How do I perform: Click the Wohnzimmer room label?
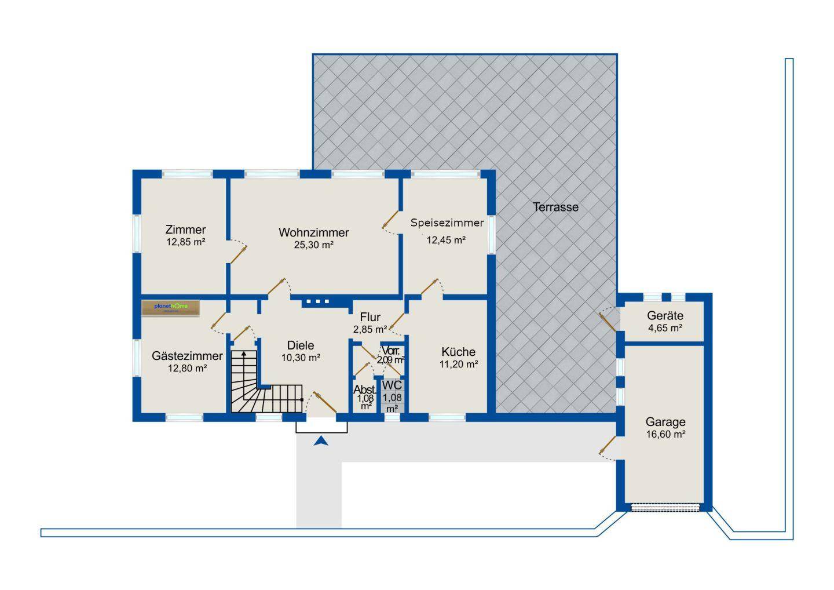(313, 232)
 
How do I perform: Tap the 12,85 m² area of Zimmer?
(186, 242)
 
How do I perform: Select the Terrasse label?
(555, 207)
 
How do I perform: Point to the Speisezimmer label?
(447, 223)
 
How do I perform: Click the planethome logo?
(171, 308)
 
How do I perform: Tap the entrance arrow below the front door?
(321, 442)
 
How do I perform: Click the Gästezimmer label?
(187, 356)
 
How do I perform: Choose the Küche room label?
(458, 352)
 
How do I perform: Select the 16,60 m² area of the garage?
(666, 434)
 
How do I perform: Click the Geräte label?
(665, 316)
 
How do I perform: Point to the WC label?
(392, 385)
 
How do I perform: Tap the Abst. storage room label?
(365, 389)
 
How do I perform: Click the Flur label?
(370, 317)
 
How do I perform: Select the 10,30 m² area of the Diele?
(301, 358)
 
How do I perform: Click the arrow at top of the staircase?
(244, 354)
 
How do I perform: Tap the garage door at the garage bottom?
(665, 508)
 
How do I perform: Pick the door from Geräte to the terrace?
(608, 319)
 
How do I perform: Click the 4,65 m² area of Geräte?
(665, 328)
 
